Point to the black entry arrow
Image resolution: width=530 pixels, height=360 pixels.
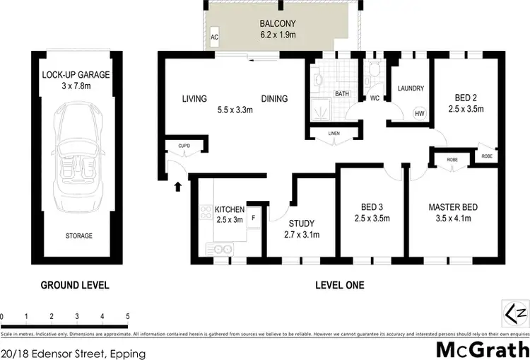point(177,186)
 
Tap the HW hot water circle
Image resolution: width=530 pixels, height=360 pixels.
point(418,113)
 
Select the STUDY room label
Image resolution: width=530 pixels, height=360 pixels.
point(302,223)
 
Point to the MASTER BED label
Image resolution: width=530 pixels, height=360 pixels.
point(453,207)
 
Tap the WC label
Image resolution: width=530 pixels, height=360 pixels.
point(375,98)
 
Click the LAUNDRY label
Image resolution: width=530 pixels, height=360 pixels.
point(411,88)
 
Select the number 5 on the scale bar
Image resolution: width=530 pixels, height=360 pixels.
point(128,316)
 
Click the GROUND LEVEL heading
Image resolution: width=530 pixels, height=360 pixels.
point(74,286)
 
